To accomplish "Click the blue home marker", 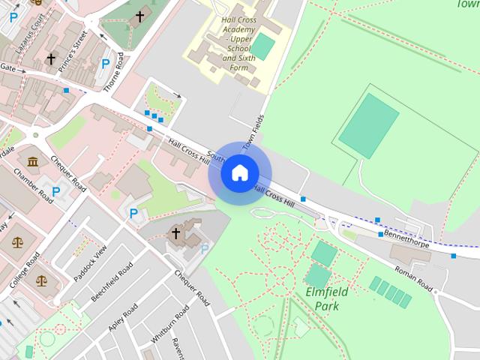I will [239, 173].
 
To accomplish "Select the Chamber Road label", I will [33, 184].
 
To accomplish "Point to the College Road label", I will [25, 270].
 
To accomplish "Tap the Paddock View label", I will [91, 262].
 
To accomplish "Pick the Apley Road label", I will [121, 318].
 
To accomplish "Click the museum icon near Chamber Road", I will [33, 162].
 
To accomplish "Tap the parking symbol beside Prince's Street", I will [106, 64].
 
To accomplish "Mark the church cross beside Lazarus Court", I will [51, 58].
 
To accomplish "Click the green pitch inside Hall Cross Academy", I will [262, 46].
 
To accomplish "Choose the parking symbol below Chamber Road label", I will [55, 192].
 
